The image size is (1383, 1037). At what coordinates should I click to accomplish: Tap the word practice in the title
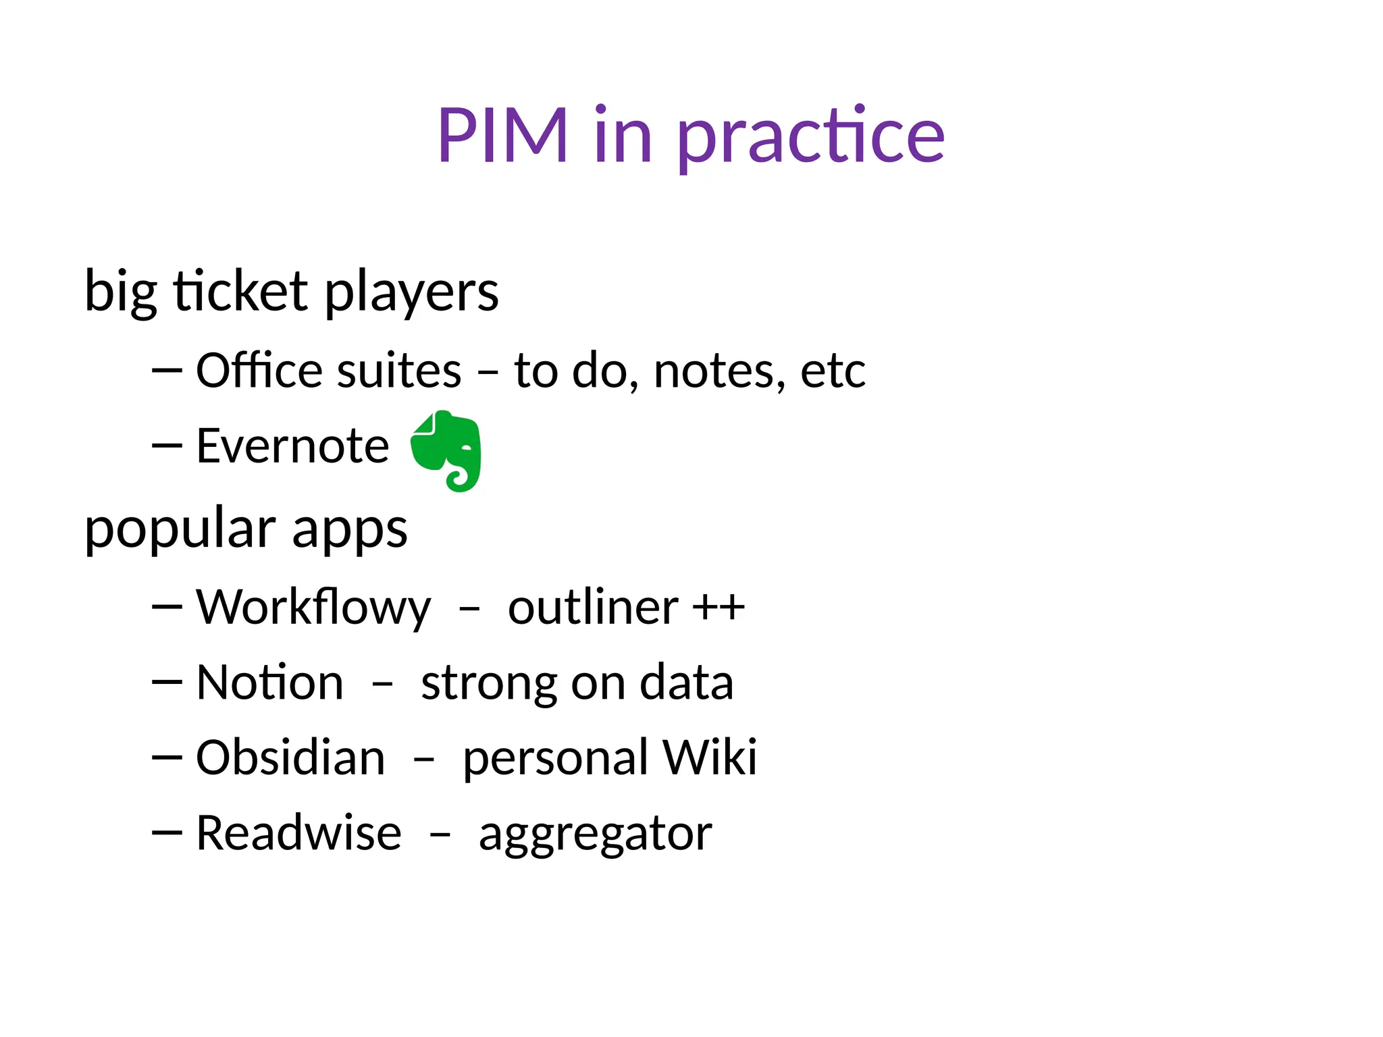(810, 138)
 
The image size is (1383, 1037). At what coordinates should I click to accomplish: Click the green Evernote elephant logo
(446, 450)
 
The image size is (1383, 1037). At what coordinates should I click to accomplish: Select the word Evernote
(292, 446)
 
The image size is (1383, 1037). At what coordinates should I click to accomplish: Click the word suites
(399, 371)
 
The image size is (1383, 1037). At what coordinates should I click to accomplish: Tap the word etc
(833, 371)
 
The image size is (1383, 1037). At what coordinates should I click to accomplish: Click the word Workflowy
(313, 608)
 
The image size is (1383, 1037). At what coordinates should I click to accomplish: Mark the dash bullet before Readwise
(167, 833)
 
